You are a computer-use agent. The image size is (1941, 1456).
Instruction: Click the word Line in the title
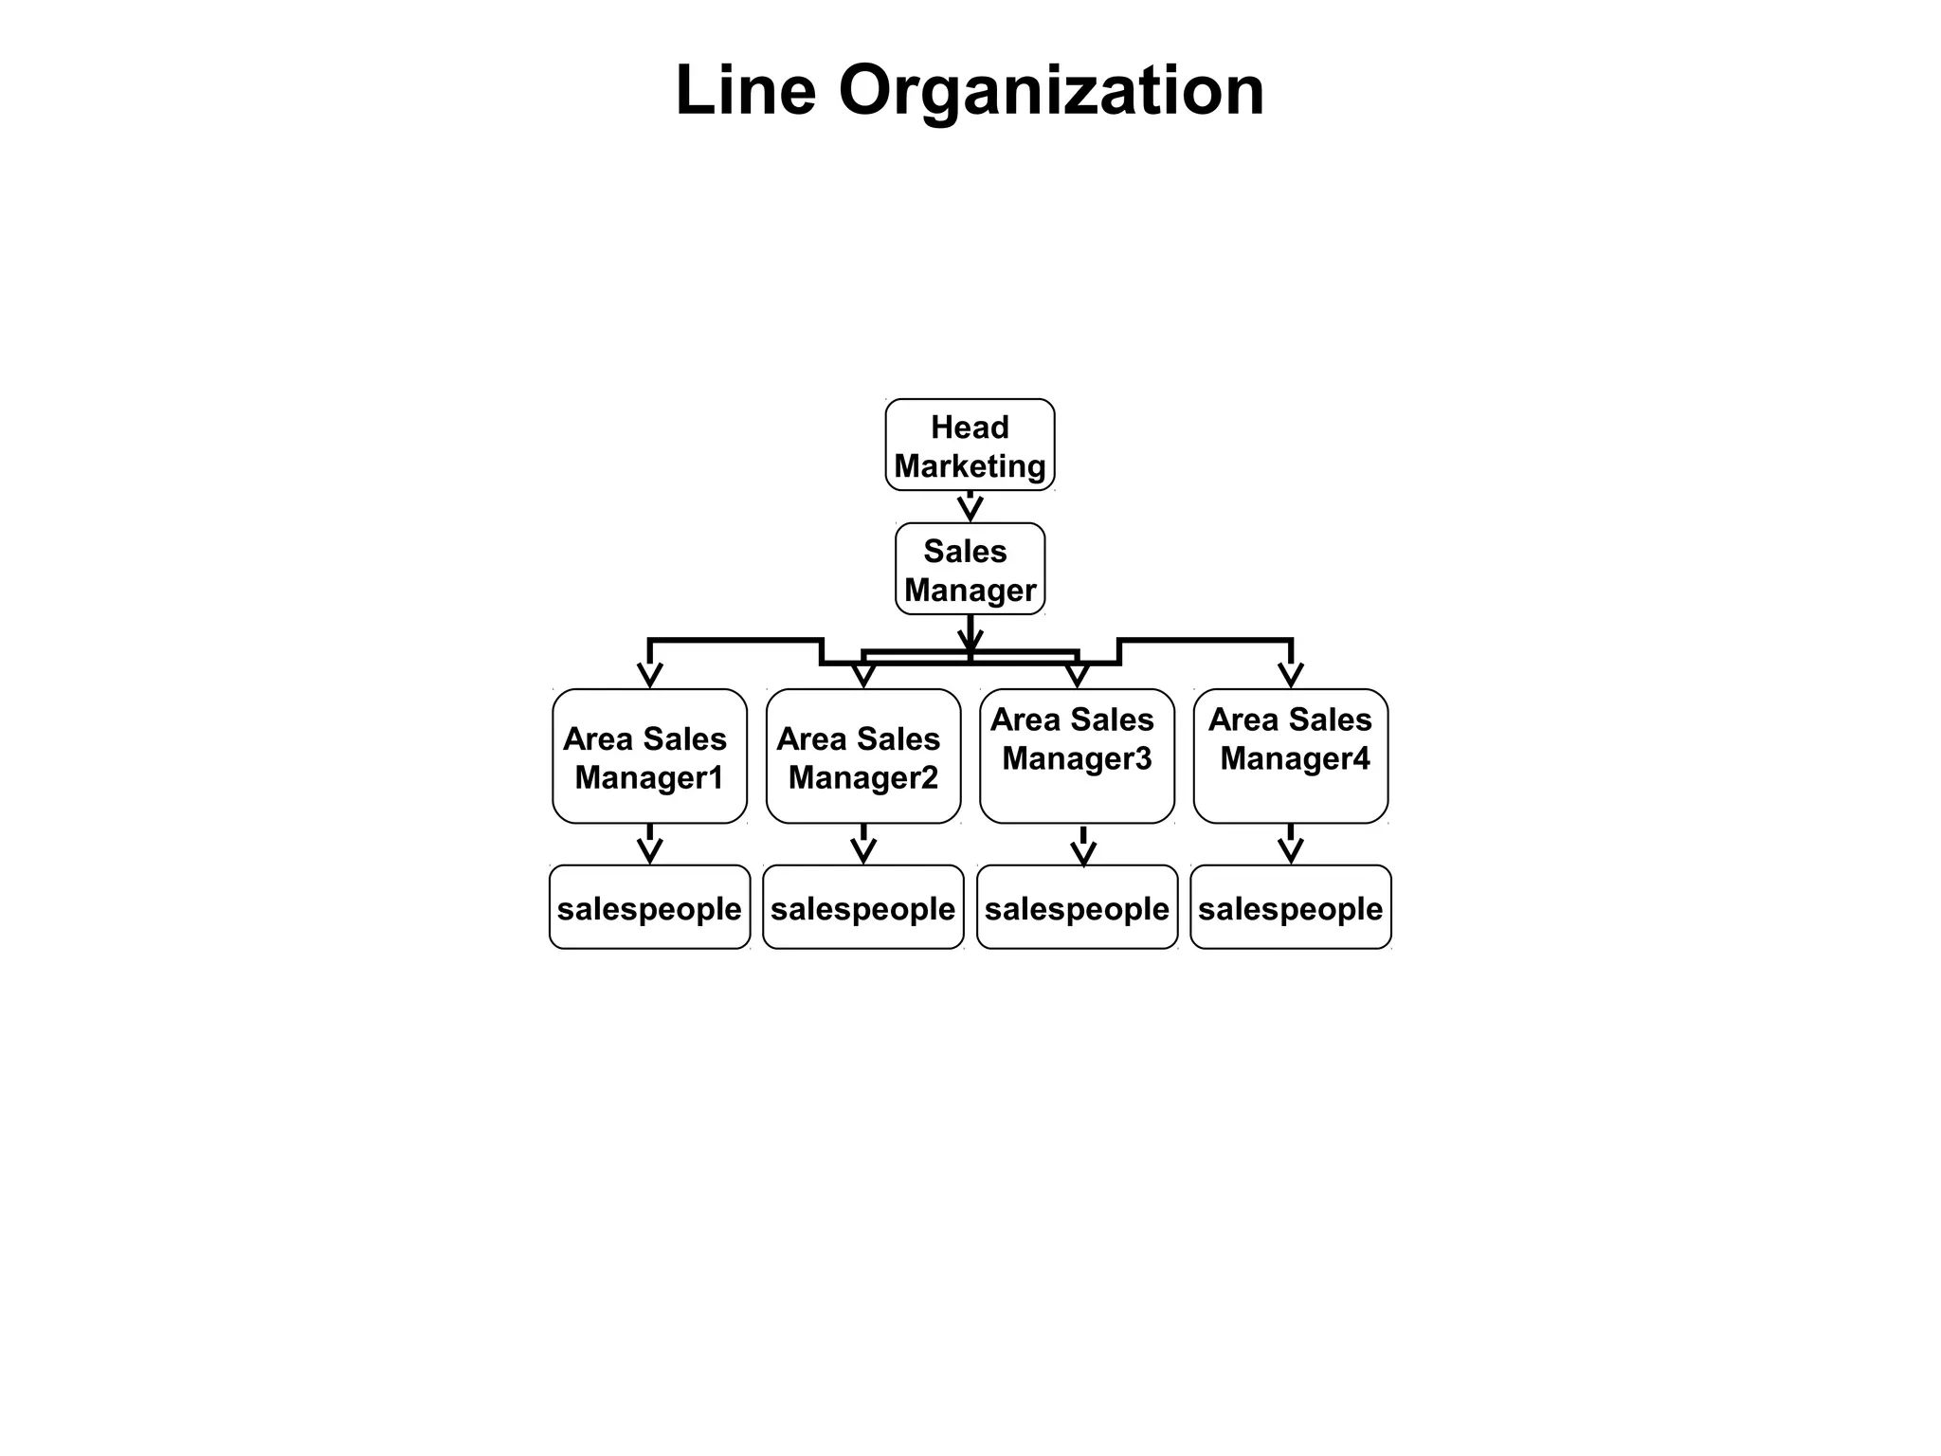coord(745,91)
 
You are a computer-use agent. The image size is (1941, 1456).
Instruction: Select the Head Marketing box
coord(970,445)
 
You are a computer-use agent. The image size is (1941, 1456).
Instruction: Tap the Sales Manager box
coord(970,569)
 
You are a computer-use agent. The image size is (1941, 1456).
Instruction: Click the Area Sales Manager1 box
coord(649,756)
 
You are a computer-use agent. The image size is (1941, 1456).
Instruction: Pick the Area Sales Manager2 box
coord(862,756)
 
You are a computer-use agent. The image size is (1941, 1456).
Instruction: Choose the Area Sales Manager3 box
coord(1077,756)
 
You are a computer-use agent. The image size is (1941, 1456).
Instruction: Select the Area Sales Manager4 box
coord(1290,756)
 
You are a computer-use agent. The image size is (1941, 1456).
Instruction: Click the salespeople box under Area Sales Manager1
coord(649,907)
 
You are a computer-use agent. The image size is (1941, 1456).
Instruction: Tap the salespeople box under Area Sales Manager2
coord(862,907)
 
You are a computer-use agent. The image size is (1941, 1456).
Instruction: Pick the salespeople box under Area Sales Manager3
coord(1077,907)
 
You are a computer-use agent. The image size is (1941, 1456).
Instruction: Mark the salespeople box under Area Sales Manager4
coord(1290,907)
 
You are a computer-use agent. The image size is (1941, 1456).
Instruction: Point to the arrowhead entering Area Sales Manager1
coord(649,675)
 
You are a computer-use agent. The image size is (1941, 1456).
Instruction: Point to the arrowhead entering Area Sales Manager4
coord(1290,675)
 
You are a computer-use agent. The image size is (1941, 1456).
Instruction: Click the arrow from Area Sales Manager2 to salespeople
coord(862,845)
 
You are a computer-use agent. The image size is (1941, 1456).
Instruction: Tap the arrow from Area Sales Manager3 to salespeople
coord(1083,846)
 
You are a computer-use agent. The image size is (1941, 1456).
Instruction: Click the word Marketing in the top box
coord(970,466)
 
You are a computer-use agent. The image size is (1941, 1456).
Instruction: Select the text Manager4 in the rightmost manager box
coord(1295,758)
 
